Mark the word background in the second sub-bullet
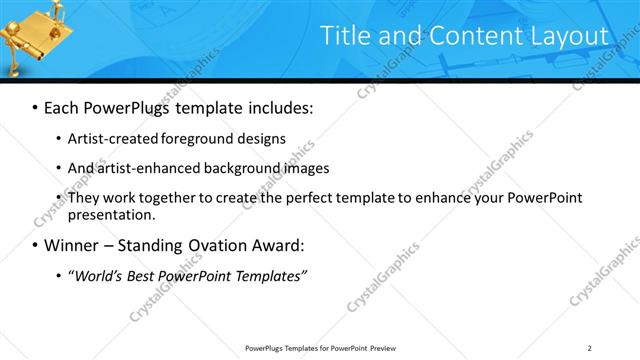coord(237,168)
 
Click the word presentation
coord(110,214)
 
